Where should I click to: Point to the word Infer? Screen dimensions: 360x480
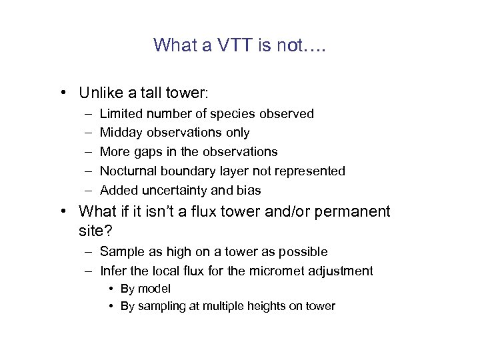[x=113, y=271]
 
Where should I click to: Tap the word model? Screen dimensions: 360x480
[x=154, y=289]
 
